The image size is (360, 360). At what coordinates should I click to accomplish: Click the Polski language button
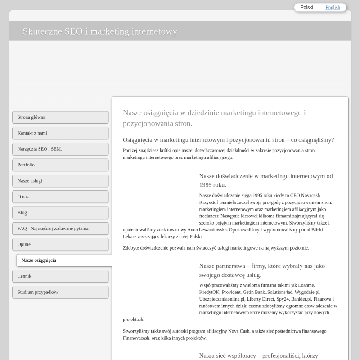point(307,7)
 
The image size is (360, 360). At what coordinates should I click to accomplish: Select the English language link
point(333,7)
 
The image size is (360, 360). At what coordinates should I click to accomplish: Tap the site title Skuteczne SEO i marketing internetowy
point(100,31)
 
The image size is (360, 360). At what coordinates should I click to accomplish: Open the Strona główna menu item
point(60,117)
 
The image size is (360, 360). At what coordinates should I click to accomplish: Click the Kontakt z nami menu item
point(60,133)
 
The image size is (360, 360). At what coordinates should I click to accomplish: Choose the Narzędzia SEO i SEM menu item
point(60,149)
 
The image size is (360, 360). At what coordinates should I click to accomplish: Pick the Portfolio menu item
point(60,165)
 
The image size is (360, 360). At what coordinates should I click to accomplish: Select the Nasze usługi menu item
point(60,181)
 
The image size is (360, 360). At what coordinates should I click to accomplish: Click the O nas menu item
point(60,197)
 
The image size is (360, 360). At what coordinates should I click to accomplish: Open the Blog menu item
point(60,212)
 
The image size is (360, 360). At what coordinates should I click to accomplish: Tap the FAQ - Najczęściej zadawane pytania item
point(60,229)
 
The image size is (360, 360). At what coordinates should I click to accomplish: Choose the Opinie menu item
point(60,244)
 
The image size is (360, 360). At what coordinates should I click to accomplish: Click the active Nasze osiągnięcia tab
point(63,261)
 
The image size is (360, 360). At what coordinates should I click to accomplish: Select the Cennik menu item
point(60,276)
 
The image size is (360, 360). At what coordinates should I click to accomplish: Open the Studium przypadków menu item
point(60,292)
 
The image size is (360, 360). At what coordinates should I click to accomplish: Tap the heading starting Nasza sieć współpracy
point(259,355)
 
